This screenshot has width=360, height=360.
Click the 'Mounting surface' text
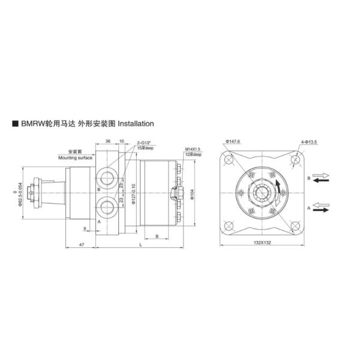(76, 157)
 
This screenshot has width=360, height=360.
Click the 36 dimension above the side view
(108, 140)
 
